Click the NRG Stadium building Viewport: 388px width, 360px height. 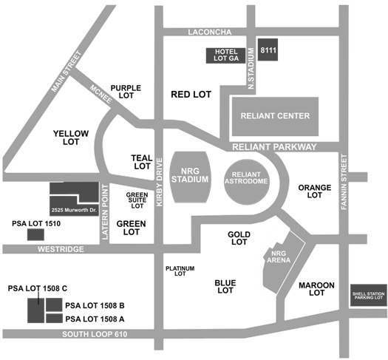pos(190,177)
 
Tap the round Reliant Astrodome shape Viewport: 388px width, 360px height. pos(246,182)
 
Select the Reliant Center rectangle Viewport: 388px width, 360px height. pos(275,116)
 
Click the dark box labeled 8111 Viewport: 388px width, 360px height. pos(268,50)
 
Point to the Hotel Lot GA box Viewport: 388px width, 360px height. pos(225,55)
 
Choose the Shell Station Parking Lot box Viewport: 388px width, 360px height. pos(369,295)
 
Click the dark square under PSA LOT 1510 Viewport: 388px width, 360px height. pos(35,234)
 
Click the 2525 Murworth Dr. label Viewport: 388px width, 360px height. pos(74,211)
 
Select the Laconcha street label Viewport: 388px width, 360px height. pos(210,32)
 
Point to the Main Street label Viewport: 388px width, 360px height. pos(67,72)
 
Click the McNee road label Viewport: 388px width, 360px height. pos(101,95)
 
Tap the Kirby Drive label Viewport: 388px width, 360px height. pos(160,182)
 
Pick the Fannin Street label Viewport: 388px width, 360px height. pos(344,182)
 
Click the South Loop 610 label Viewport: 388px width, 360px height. pos(95,334)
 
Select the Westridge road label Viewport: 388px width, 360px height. pos(61,249)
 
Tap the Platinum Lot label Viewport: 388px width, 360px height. pos(180,271)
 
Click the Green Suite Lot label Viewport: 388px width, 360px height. pos(137,200)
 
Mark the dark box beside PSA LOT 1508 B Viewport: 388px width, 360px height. pos(54,305)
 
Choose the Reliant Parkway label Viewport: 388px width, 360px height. pos(274,147)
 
